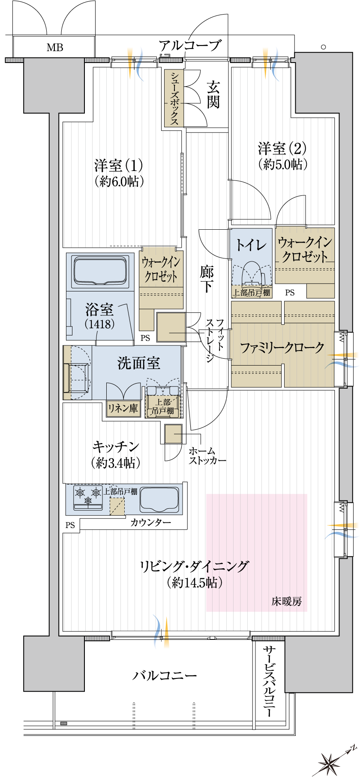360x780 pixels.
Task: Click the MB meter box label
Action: [x=55, y=48]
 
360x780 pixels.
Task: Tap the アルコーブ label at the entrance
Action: [x=190, y=45]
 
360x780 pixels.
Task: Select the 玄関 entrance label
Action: [x=213, y=95]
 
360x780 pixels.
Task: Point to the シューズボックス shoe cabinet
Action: [x=174, y=98]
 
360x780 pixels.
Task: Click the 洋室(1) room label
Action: [x=119, y=165]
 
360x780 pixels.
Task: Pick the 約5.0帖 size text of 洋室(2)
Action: [x=283, y=164]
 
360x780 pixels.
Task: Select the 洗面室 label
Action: [x=139, y=363]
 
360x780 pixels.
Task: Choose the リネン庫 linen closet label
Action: [x=123, y=408]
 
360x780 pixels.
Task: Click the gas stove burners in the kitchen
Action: [x=88, y=497]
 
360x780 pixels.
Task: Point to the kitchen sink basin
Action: [x=159, y=500]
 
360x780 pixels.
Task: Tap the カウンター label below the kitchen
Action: [x=151, y=522]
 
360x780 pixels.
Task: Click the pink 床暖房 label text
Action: [x=287, y=601]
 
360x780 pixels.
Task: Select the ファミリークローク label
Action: [x=282, y=348]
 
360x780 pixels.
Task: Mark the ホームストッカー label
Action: [x=207, y=456]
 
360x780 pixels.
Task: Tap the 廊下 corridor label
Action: [x=207, y=279]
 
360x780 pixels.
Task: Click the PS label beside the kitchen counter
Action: [x=70, y=525]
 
